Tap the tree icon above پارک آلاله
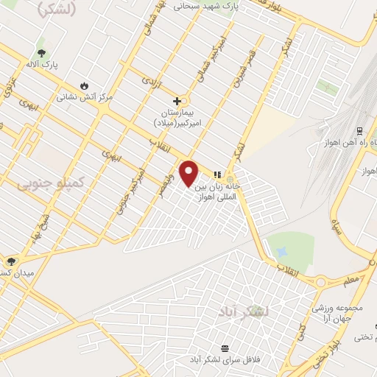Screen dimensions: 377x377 (x=42, y=53)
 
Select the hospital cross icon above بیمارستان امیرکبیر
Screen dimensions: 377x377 (x=177, y=100)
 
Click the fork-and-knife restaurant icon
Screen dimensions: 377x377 (x=216, y=175)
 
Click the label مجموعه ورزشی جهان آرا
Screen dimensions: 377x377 (x=343, y=310)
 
